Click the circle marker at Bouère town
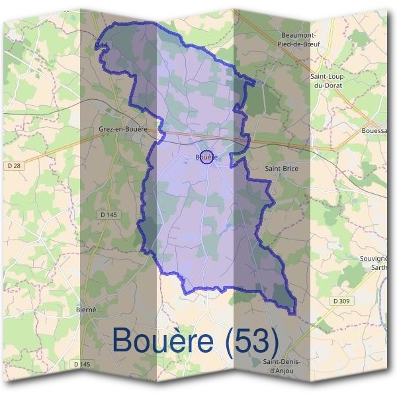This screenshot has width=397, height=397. tap(206, 157)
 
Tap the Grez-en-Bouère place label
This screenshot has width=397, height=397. tap(122, 129)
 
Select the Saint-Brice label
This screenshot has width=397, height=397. tap(281, 169)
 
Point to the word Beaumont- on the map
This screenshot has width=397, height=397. tap(298, 34)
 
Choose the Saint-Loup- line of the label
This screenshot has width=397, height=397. tap(328, 77)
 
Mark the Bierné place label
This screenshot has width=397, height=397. tap(87, 310)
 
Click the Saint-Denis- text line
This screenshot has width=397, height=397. tap(281, 362)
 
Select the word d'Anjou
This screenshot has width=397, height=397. tap(281, 371)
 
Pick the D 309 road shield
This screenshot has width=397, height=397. tap(341, 301)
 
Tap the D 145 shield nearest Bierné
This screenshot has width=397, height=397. tap(81, 364)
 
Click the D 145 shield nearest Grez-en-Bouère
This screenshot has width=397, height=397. tap(108, 214)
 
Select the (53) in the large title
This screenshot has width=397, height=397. tap(251, 341)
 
